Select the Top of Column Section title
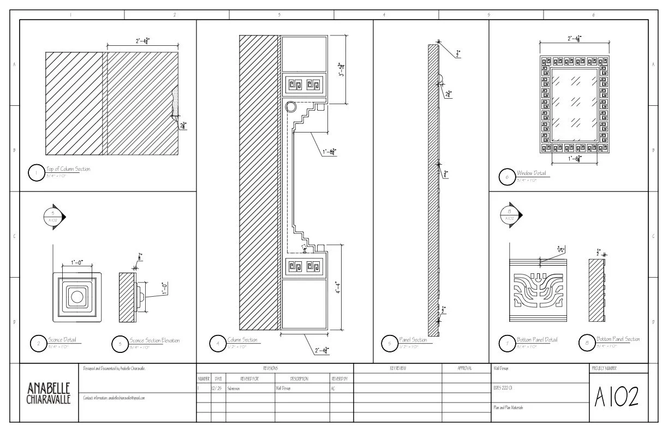click(x=68, y=170)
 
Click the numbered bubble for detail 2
click(x=38, y=344)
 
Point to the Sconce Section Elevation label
click(x=154, y=340)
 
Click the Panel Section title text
click(x=413, y=340)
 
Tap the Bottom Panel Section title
click(x=618, y=339)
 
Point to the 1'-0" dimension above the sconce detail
click(x=76, y=262)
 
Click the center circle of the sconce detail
click(x=76, y=297)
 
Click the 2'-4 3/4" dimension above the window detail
click(x=574, y=39)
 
